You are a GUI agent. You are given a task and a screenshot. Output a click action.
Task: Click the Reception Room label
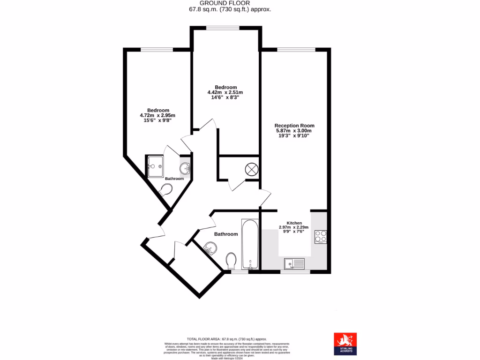[x=294, y=126]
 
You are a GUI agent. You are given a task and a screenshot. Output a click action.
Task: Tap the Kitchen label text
[x=294, y=223]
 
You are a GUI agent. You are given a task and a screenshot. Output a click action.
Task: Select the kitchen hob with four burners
[x=321, y=237]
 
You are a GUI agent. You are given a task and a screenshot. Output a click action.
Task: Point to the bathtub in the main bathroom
[x=250, y=245]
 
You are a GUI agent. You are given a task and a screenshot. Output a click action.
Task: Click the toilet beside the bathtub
[x=231, y=261]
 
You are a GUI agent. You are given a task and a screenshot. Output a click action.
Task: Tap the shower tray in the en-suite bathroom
[x=155, y=166]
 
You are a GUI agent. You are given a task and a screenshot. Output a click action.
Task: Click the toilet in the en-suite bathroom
[x=165, y=190]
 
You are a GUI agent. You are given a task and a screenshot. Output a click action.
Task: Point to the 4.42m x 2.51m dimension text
[x=225, y=93]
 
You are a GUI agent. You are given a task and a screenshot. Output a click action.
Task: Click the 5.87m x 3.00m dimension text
[x=294, y=131]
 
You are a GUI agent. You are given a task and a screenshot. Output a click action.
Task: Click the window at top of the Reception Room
[x=296, y=49]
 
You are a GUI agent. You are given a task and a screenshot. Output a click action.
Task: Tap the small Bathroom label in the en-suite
[x=174, y=179]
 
